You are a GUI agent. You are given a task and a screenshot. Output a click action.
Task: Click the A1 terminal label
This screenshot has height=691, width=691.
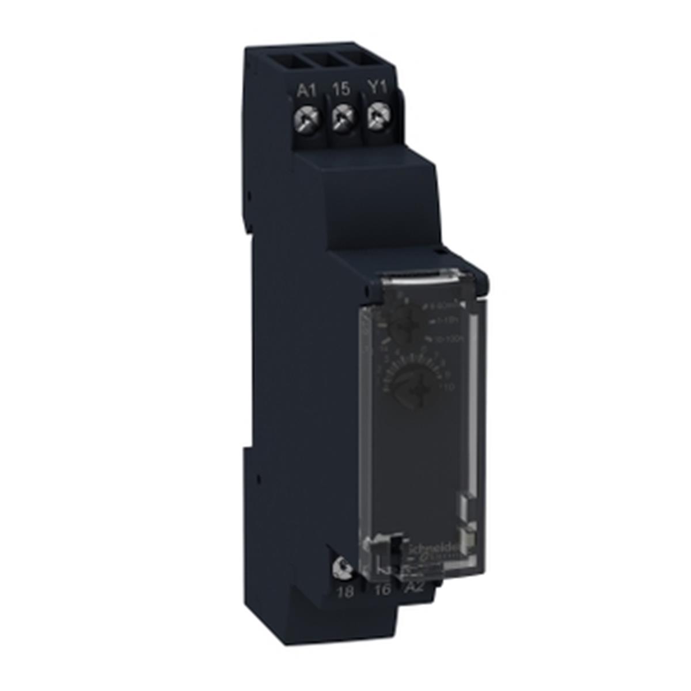point(306,90)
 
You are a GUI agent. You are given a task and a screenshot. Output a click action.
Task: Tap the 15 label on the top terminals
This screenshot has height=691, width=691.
point(341,89)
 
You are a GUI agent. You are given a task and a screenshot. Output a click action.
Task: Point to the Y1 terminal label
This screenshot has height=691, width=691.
point(377,89)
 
